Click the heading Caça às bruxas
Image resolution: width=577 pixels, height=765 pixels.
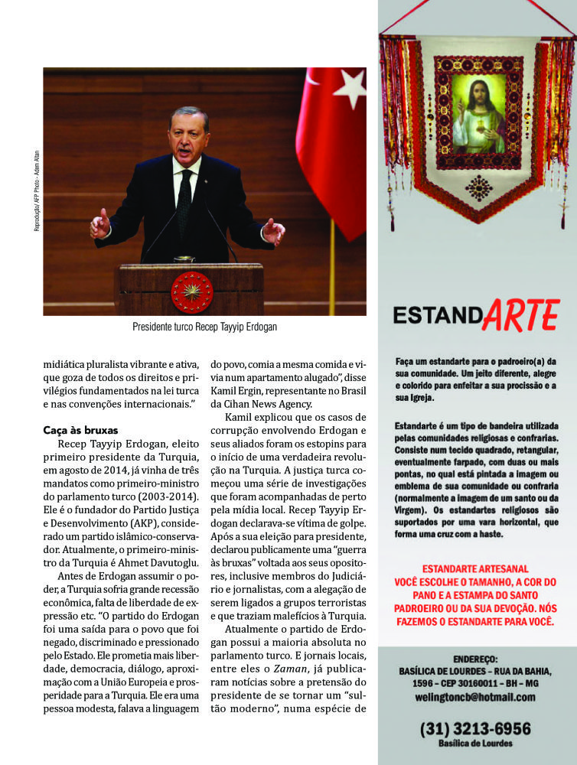(80, 431)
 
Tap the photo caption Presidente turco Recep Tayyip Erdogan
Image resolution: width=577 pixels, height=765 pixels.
(204, 327)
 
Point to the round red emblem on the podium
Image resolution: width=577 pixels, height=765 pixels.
(191, 291)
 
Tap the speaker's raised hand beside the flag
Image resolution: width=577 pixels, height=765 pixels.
(272, 230)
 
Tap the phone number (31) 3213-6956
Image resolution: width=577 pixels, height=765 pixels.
(474, 728)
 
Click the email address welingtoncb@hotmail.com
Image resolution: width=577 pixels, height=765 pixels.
(474, 697)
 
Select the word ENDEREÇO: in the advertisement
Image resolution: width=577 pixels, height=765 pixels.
(475, 658)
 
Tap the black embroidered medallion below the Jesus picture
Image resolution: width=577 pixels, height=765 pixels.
(478, 188)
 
